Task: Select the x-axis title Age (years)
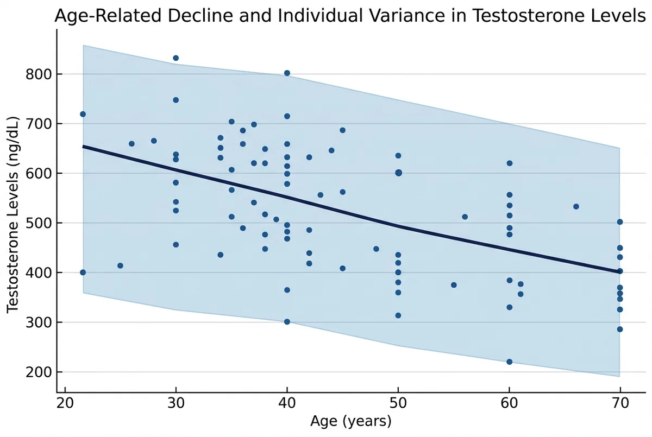(x=350, y=421)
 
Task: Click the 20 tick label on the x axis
(x=65, y=404)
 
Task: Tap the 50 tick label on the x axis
(x=398, y=404)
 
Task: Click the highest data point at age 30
(x=175, y=58)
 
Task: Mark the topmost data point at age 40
(x=287, y=73)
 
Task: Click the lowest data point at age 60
(x=509, y=362)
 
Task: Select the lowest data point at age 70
(x=620, y=329)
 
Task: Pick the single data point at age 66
(x=576, y=206)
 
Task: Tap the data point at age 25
(x=120, y=265)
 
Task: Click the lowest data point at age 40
(x=287, y=321)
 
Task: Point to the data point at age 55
(x=454, y=285)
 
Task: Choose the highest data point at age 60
(x=509, y=163)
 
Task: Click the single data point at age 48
(x=376, y=249)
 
